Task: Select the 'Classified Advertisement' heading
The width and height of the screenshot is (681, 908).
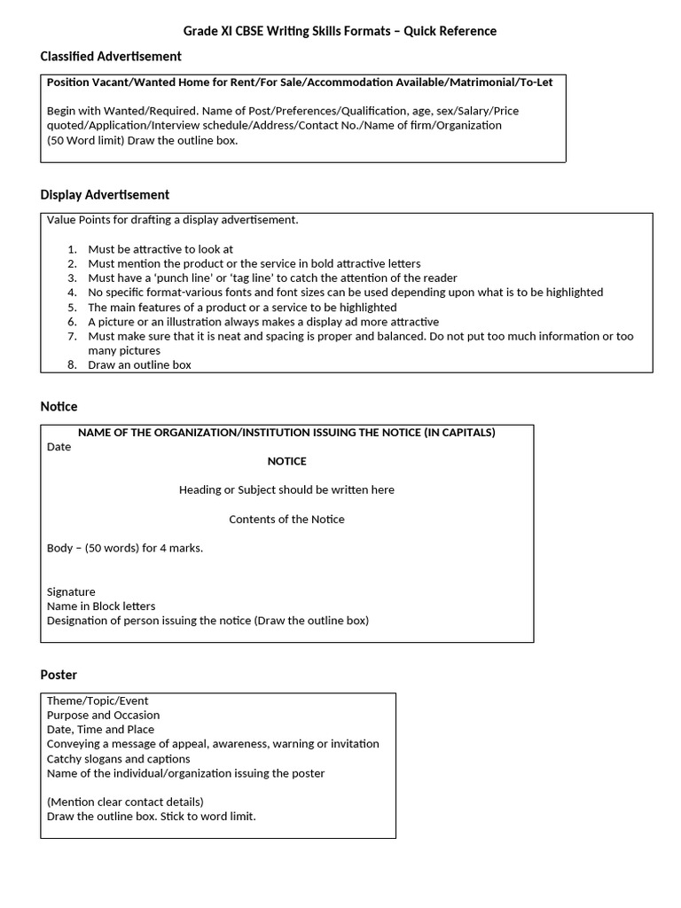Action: (x=111, y=57)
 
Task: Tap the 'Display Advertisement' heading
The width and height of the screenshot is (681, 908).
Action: (x=105, y=195)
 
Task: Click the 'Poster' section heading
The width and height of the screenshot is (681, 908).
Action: (x=59, y=675)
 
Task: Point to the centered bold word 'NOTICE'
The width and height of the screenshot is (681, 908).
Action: (x=286, y=461)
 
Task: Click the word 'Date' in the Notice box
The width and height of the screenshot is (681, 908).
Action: (x=59, y=447)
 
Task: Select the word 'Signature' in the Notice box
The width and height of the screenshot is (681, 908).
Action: (x=71, y=591)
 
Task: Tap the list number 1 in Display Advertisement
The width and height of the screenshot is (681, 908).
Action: (x=72, y=249)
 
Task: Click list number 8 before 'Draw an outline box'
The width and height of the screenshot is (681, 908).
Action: (x=72, y=364)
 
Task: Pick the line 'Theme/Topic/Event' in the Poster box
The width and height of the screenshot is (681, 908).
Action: (x=98, y=701)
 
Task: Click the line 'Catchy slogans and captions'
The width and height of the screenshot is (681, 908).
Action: (x=118, y=759)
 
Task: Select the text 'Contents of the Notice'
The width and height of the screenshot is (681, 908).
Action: (x=286, y=520)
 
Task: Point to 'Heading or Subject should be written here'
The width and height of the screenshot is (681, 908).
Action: (x=286, y=490)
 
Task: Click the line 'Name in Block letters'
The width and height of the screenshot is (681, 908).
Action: (x=101, y=607)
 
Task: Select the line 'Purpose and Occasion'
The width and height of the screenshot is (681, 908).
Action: (x=103, y=715)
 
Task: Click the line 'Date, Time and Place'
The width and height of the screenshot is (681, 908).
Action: (x=100, y=730)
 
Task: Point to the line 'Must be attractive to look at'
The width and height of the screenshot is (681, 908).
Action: (x=160, y=249)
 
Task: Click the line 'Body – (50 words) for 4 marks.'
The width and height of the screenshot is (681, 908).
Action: (x=125, y=548)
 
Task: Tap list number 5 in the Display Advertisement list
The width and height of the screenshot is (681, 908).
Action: (x=72, y=307)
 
